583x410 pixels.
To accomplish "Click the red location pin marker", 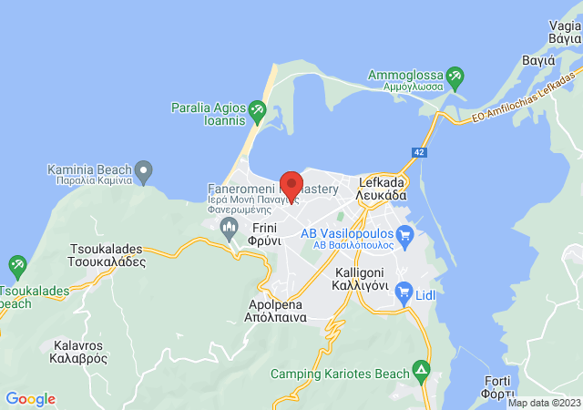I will click(291, 183).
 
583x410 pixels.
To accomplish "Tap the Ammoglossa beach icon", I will click(455, 76).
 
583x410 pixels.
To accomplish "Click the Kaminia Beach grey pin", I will click(142, 169).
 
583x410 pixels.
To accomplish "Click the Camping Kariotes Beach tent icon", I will click(421, 372).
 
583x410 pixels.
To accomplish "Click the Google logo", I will click(30, 399).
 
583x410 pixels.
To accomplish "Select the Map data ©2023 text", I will click(543, 403).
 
